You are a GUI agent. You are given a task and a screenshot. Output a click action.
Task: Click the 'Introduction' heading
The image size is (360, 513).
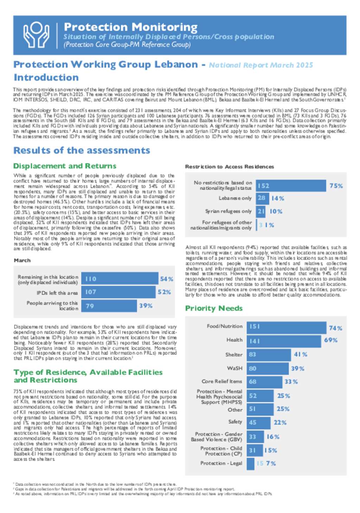(x=46, y=77)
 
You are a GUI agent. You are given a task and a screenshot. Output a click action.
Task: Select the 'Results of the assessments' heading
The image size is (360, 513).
(x=82, y=150)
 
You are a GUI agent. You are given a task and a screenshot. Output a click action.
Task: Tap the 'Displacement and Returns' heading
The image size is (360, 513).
(x=65, y=166)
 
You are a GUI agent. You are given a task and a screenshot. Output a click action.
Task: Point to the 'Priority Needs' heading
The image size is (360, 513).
(x=214, y=308)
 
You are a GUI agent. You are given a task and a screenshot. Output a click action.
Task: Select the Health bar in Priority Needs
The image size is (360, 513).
(x=284, y=341)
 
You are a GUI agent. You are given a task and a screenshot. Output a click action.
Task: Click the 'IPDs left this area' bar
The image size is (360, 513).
(x=118, y=292)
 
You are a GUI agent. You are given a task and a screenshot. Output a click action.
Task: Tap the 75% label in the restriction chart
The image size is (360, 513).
(x=336, y=186)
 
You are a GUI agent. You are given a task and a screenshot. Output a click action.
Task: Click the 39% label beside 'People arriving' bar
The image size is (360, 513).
(x=146, y=306)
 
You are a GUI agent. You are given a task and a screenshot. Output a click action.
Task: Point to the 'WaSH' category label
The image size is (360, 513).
(x=234, y=368)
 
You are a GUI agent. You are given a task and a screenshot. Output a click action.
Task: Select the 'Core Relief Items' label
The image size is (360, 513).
(x=222, y=381)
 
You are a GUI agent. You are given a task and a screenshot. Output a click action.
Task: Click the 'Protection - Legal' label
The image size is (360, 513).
(x=221, y=463)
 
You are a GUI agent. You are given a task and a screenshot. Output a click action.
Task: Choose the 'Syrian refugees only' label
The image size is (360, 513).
(x=229, y=211)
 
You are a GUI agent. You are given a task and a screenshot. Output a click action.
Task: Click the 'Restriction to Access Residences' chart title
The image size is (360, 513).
(x=229, y=167)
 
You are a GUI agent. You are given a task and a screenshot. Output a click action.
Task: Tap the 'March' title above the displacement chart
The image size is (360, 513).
(x=22, y=260)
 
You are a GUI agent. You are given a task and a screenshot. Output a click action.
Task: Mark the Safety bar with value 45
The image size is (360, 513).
(x=258, y=422)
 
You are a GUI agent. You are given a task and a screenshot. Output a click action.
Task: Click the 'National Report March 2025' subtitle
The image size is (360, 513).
(x=261, y=65)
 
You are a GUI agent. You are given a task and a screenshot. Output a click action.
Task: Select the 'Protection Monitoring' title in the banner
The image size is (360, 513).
(x=131, y=27)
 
